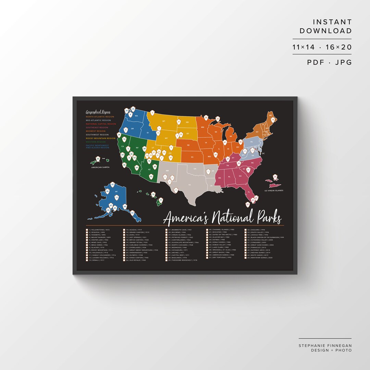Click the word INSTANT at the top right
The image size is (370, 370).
pos(332,22)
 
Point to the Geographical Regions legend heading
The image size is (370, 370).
pos(98,112)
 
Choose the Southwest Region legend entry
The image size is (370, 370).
pos(97,135)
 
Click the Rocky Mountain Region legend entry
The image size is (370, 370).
pos(100,138)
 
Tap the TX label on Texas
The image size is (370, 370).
pos(189,184)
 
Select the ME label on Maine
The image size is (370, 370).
pos(270,116)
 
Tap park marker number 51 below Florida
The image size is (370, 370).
pos(248,205)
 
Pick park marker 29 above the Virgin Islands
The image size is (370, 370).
pos(275,177)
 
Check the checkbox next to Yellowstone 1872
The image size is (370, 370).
pos(87,230)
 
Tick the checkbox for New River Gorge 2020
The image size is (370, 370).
pos(246,257)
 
